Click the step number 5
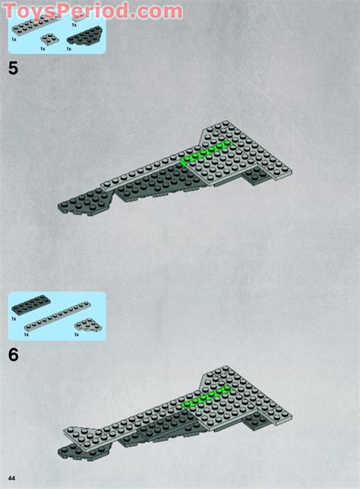pos(13,68)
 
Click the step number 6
pos(13,354)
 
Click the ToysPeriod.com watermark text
pos(91,10)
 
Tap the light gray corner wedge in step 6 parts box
pos(90,324)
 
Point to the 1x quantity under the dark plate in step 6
pos(14,319)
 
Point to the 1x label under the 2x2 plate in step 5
pos(43,49)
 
